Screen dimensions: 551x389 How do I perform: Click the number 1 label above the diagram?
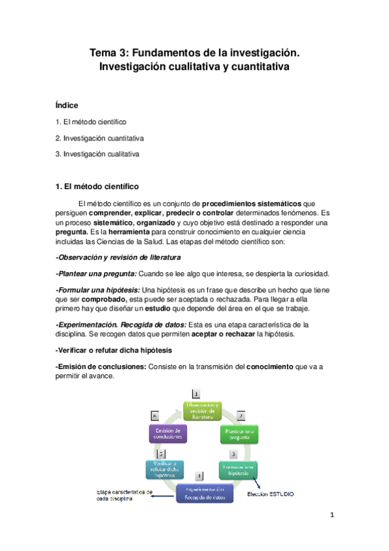[x=196, y=393]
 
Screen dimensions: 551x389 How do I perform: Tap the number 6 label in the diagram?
[x=155, y=415]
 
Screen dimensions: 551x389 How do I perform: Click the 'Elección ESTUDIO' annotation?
[x=271, y=494]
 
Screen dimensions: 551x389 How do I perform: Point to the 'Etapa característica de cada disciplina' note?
[x=124, y=496]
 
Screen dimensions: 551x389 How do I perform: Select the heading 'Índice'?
[x=68, y=105]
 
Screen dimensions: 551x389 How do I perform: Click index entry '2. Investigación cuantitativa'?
[x=99, y=138]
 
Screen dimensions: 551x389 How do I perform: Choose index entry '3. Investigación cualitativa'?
[x=97, y=154]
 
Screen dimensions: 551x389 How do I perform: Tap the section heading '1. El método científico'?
[x=97, y=186]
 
